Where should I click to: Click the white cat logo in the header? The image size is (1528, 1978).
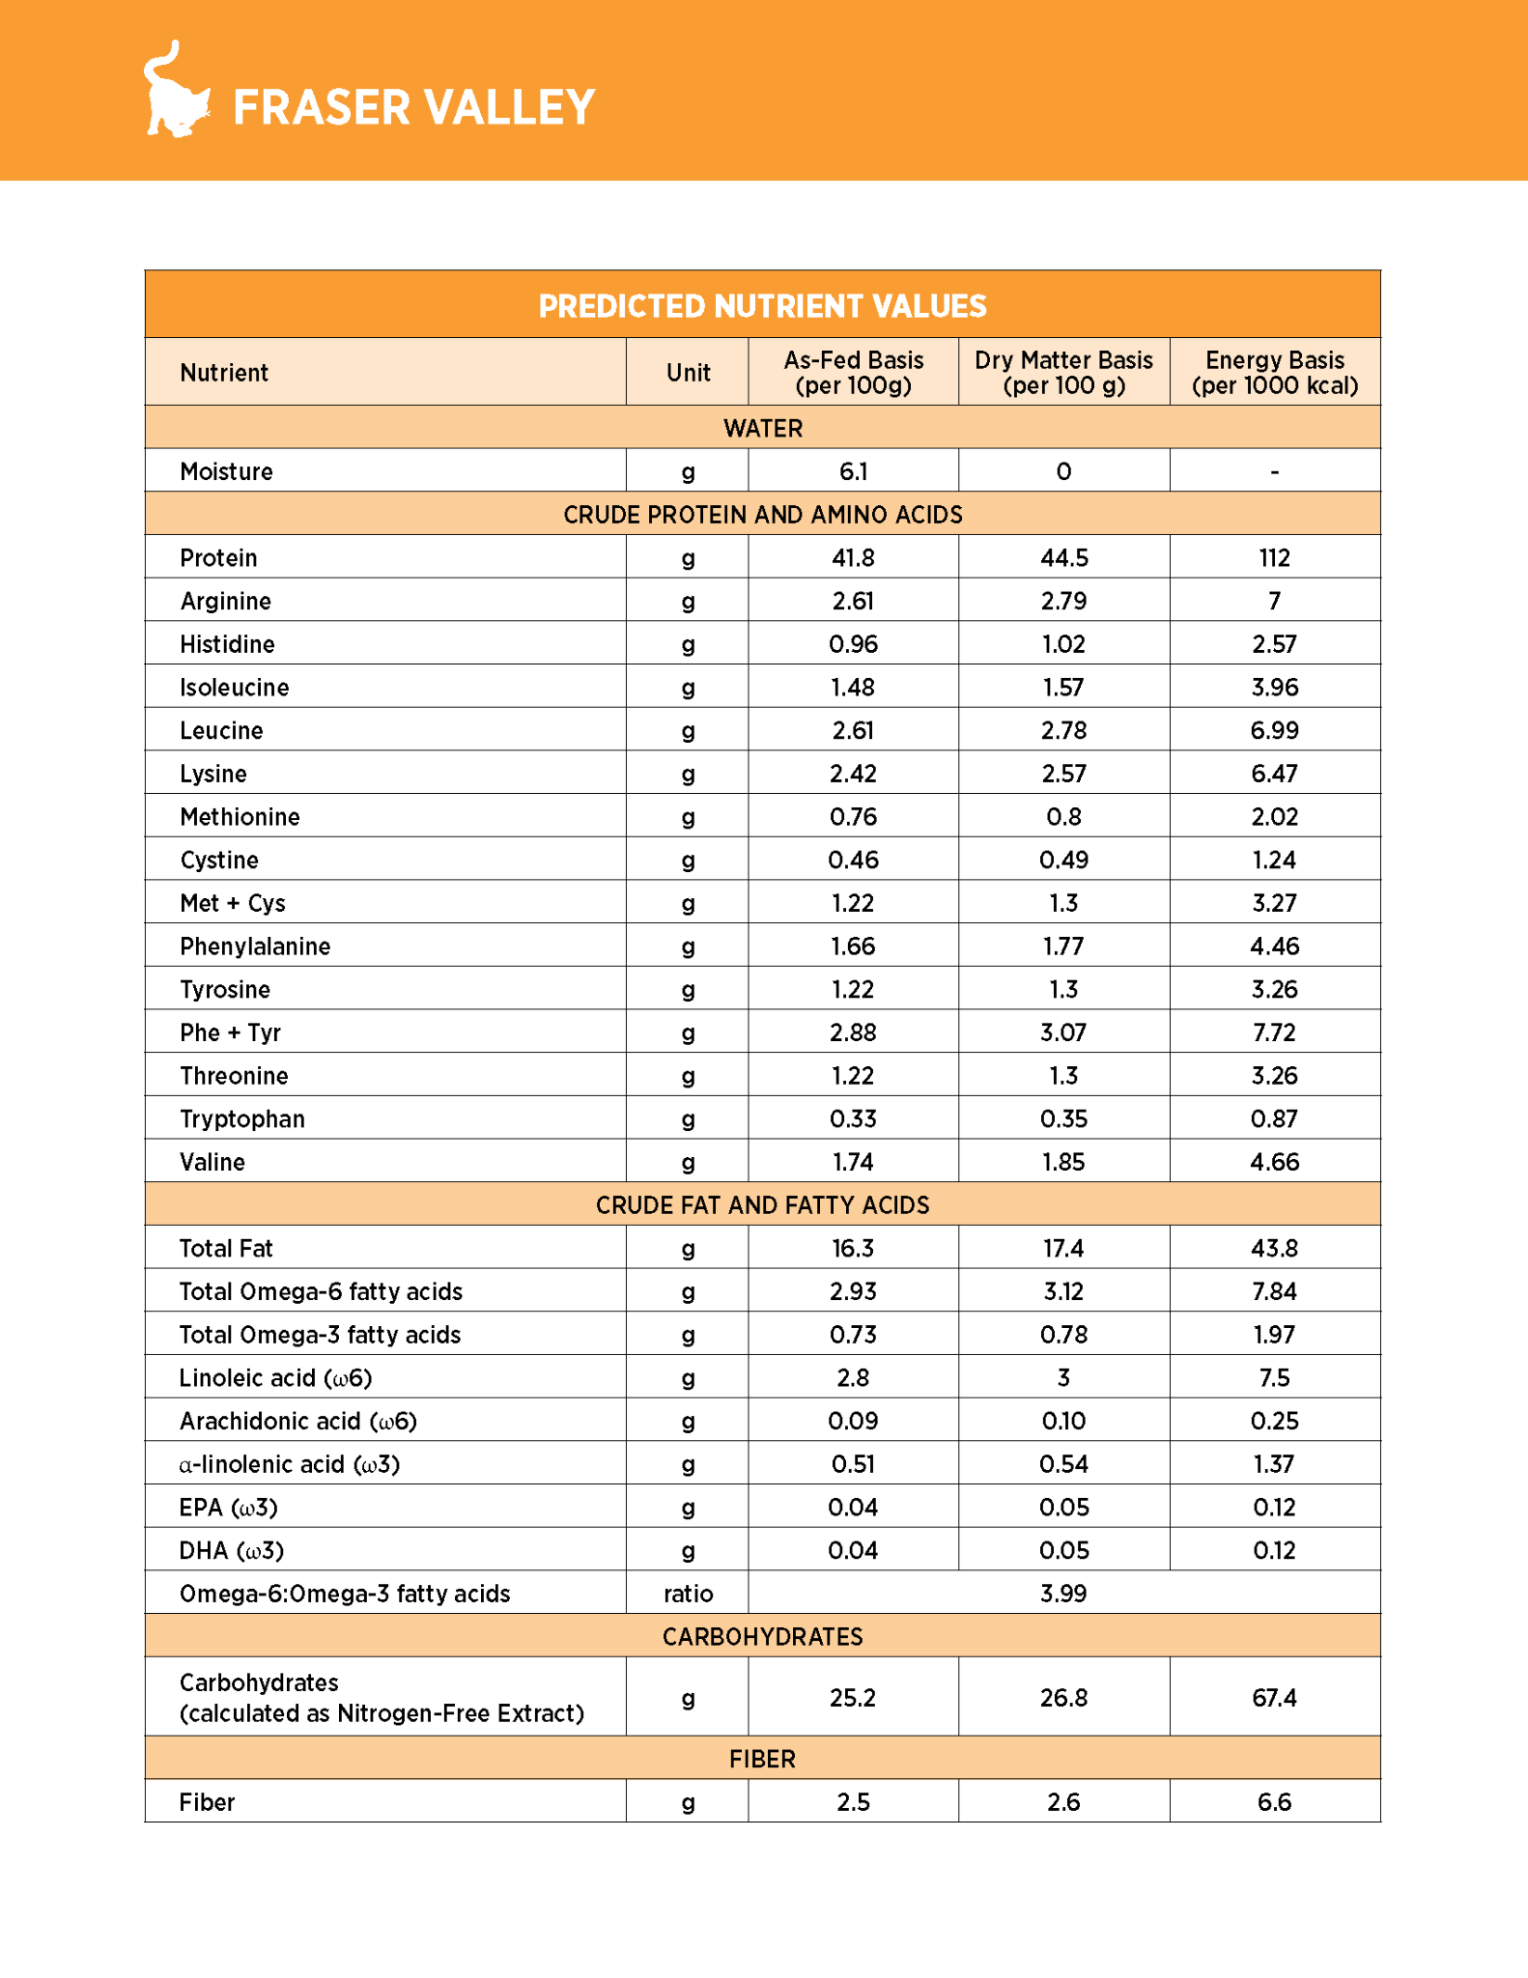[x=176, y=91]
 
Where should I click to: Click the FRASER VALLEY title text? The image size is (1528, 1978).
[x=413, y=107]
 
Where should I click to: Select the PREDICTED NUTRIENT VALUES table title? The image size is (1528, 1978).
[x=762, y=306]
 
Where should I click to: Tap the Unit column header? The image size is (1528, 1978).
[x=688, y=373]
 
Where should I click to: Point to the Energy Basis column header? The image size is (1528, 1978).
[x=1274, y=373]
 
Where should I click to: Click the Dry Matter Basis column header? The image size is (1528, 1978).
[x=1063, y=373]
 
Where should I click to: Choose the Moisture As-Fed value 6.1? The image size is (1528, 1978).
[x=853, y=471]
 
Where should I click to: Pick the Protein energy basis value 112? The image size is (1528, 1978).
[x=1274, y=558]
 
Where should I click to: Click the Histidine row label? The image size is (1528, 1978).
[x=227, y=644]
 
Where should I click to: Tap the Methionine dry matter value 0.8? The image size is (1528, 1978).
[x=1063, y=817]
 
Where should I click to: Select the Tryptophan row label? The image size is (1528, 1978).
[x=242, y=1119]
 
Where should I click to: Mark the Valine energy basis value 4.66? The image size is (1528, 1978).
[x=1274, y=1162]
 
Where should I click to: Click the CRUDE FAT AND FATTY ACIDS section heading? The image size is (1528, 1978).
[x=762, y=1205]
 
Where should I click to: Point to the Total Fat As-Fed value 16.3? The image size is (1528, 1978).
[x=853, y=1249]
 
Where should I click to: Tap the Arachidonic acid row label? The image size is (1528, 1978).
[x=297, y=1422]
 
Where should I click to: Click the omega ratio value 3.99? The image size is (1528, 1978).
[x=1063, y=1594]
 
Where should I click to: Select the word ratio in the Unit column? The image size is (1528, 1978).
[x=688, y=1594]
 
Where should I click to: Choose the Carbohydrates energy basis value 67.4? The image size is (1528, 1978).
[x=1274, y=1698]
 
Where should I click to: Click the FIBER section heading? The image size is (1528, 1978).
[x=762, y=1759]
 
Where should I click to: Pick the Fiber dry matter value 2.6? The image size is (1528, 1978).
[x=1063, y=1802]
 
